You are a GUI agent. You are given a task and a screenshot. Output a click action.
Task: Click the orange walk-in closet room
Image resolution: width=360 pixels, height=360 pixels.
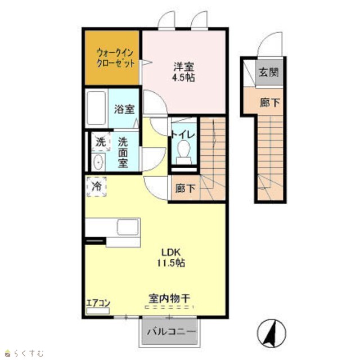pos(112,57)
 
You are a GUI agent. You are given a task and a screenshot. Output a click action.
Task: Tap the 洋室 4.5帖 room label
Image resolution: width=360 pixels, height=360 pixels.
pos(183,72)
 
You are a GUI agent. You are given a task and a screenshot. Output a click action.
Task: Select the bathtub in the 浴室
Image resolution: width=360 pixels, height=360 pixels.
pos(96,108)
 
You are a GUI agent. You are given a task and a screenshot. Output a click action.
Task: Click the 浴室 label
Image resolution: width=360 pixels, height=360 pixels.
pos(124,109)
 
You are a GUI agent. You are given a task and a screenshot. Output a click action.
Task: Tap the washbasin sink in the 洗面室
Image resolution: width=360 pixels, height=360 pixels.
pos(98,162)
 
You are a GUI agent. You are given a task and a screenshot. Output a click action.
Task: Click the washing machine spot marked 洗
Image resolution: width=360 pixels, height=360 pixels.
pos(101,142)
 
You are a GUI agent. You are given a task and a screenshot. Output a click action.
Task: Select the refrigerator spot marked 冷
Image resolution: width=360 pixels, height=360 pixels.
pos(96,186)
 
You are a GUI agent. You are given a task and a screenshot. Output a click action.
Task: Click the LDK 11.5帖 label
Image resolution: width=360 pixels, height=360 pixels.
pos(171,258)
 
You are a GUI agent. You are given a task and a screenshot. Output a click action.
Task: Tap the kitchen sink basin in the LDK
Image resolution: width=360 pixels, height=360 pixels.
pos(128,227)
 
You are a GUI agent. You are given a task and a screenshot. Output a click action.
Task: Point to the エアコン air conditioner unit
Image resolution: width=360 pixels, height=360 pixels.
pos(98,311)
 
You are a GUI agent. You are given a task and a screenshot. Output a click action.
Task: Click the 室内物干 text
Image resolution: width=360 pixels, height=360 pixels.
pos(169,299)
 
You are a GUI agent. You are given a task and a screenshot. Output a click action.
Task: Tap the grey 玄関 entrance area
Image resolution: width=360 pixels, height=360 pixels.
pos(269,73)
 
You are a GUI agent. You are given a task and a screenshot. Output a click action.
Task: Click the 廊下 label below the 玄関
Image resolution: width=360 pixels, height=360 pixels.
pos(270,102)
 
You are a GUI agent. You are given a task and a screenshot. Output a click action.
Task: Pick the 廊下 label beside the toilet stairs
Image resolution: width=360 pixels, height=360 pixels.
pos(185,189)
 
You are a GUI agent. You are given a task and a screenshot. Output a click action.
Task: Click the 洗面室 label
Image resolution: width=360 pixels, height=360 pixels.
pos(123,152)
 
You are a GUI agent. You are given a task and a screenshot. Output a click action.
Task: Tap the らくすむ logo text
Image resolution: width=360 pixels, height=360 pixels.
pos(28,353)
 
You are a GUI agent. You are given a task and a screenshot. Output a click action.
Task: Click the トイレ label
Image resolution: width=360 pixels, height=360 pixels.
pos(183,135)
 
